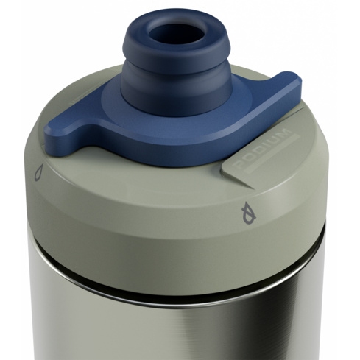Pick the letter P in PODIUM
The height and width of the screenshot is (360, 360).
[240, 163]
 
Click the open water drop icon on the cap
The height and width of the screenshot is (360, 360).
[39, 172]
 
